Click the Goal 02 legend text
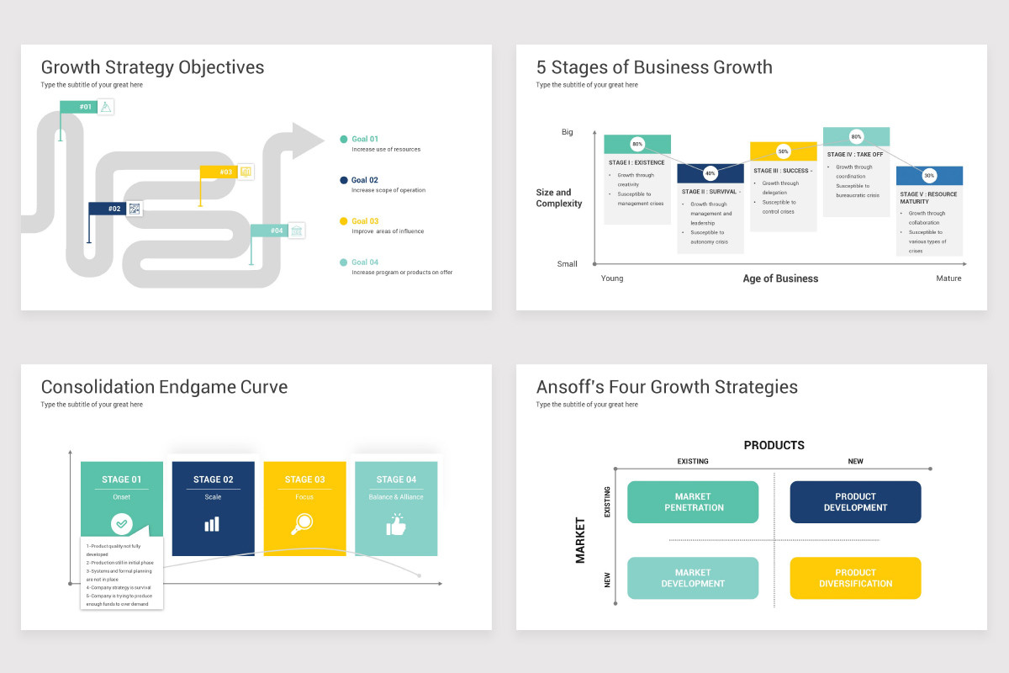coord(364,180)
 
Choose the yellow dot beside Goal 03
coord(344,221)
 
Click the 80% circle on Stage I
coord(637,144)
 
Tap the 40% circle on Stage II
coord(711,173)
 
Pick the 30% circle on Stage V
coord(929,176)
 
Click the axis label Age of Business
coord(780,278)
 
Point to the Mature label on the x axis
coord(948,278)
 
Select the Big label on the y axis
coord(568,132)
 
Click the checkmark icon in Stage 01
coord(122,524)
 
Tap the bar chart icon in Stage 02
coord(212,524)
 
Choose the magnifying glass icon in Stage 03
coord(303,524)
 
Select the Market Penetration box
coord(693,502)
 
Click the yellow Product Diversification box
coord(855,578)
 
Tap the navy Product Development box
coord(855,502)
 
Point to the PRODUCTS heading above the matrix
coord(774,445)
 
